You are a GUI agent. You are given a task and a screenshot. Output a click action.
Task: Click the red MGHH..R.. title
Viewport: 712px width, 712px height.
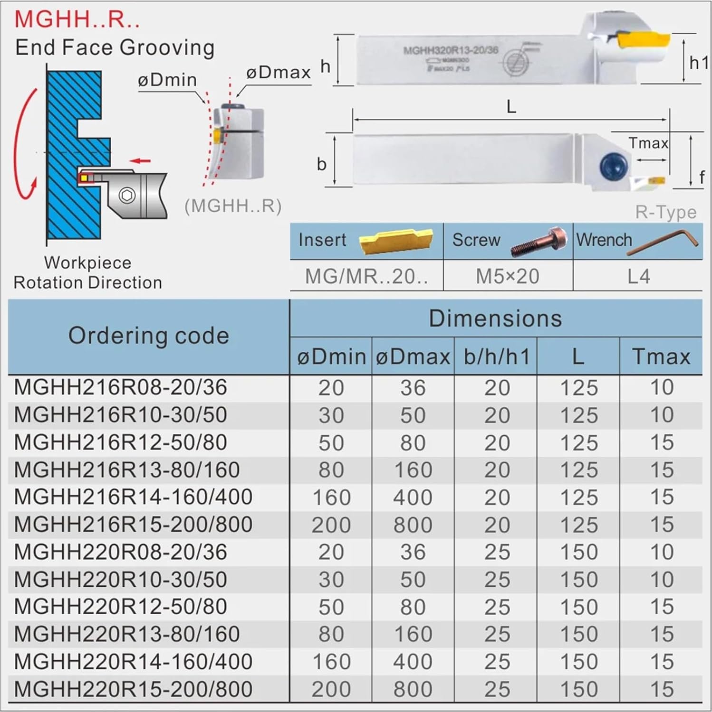point(77,20)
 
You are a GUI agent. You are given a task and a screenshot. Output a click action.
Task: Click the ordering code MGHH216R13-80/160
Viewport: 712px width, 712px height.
point(127,470)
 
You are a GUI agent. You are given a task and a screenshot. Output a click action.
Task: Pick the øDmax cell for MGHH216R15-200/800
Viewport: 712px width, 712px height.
point(413,525)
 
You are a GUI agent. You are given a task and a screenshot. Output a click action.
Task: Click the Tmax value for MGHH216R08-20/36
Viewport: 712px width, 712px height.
point(662,388)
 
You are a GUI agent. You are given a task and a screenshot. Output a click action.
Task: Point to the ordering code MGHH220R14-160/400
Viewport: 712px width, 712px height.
point(133,662)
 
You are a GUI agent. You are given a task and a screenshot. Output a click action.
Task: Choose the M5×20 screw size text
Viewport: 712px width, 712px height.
point(507,276)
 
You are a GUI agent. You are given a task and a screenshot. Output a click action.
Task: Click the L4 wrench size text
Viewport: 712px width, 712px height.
point(638,276)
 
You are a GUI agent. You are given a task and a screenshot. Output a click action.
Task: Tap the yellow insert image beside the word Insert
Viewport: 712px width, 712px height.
point(395,240)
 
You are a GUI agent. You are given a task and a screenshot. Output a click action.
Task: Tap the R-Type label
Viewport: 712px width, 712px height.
point(665,212)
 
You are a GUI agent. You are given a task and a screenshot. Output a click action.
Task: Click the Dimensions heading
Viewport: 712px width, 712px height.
point(495,319)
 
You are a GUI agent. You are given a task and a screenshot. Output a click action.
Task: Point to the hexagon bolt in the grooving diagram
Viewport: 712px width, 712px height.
point(127,195)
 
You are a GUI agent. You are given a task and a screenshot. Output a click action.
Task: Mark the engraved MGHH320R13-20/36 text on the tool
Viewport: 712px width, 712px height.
point(450,50)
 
